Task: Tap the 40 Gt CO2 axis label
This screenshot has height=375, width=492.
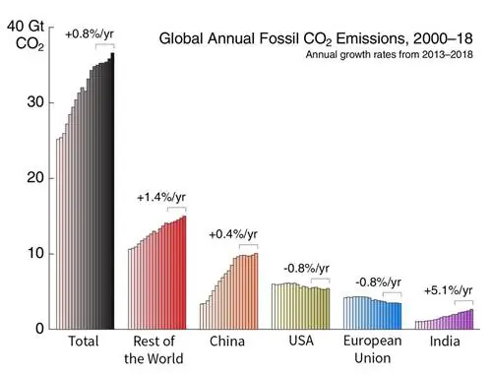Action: click(x=26, y=34)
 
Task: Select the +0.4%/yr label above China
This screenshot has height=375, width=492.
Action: click(x=232, y=234)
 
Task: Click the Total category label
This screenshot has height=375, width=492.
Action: click(x=85, y=343)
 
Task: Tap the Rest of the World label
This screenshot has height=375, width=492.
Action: click(x=155, y=350)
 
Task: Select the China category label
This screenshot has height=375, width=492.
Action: click(x=228, y=343)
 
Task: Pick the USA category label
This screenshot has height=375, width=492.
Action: click(x=300, y=343)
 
